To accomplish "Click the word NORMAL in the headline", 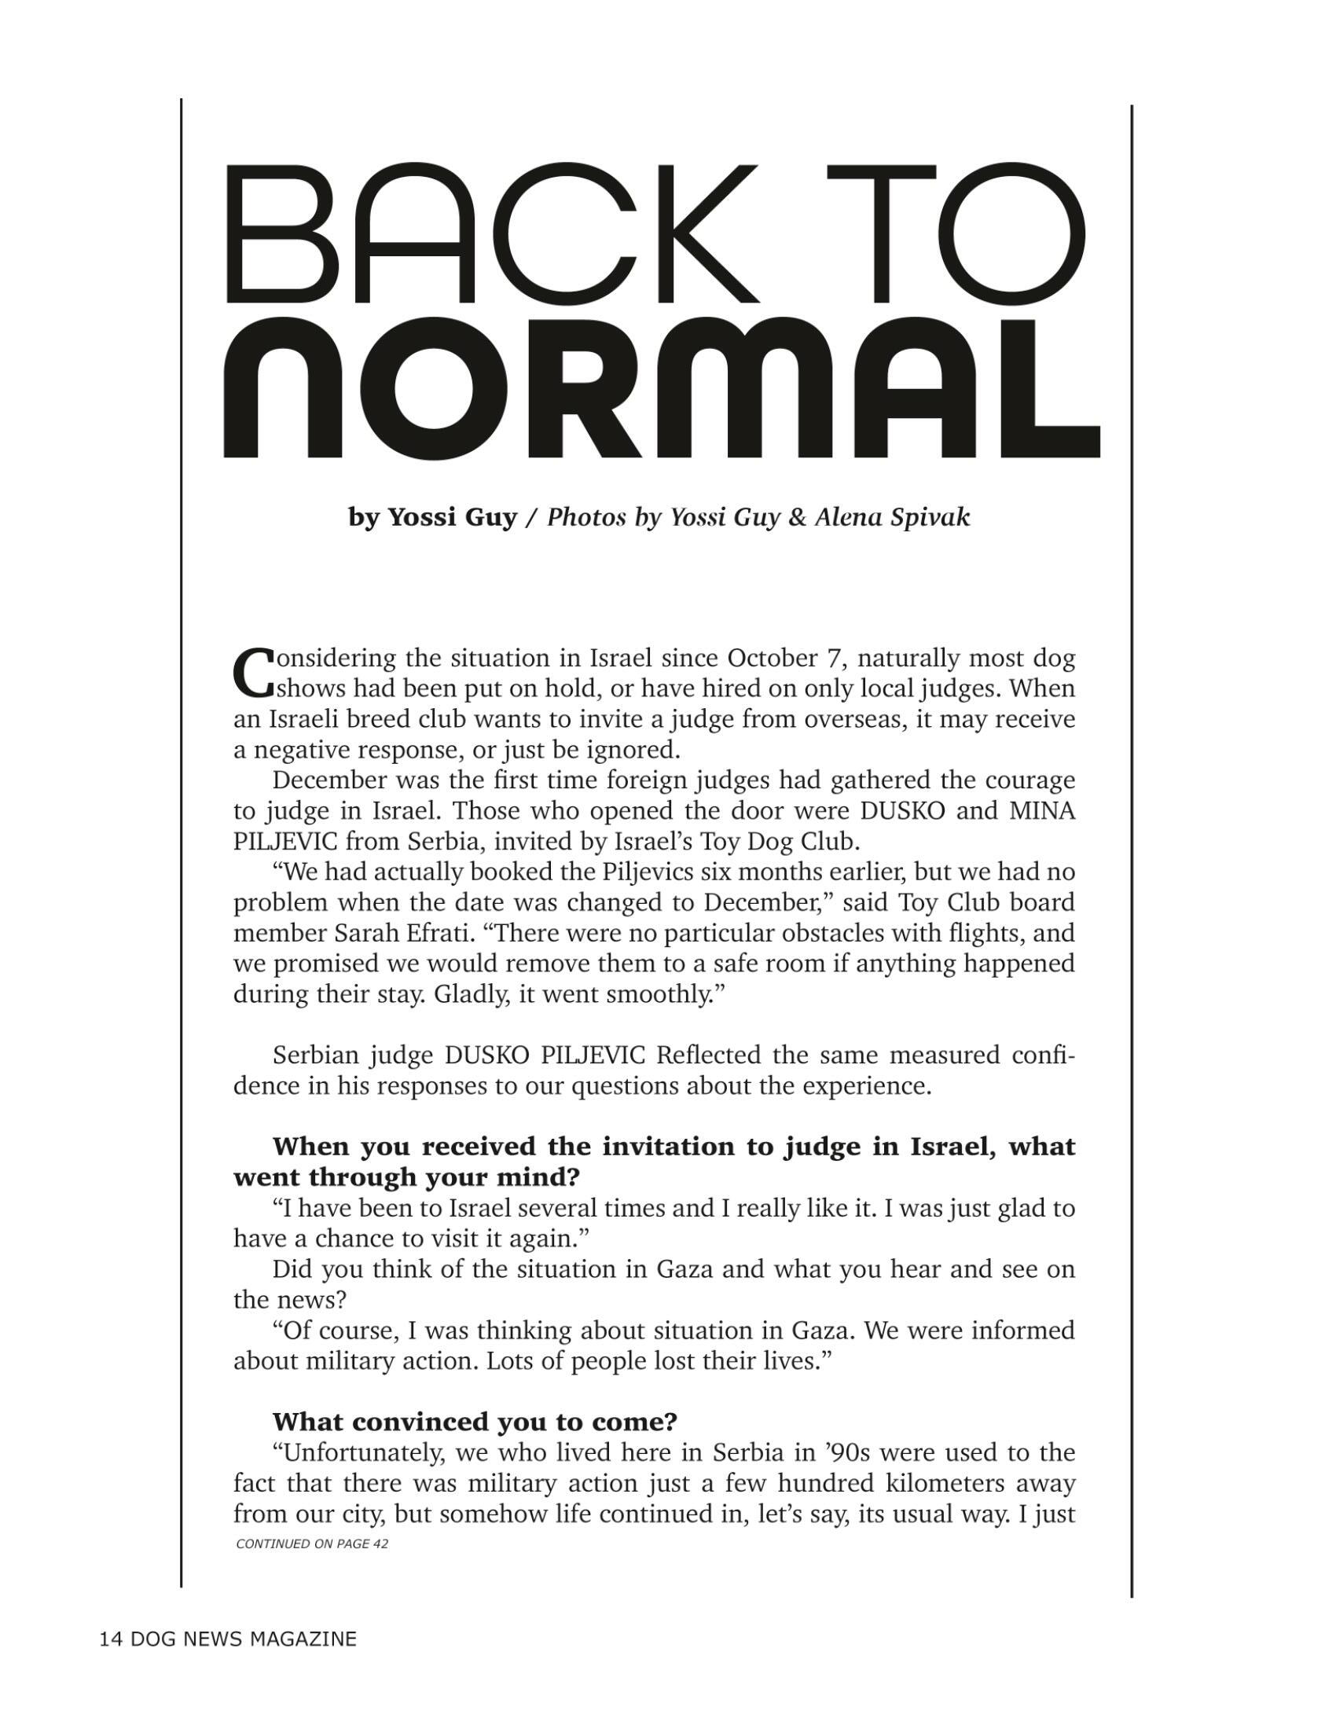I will coord(662,388).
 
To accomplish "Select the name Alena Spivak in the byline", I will coord(892,517).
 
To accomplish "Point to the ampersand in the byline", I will coord(797,517).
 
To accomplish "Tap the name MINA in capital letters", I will coord(1042,812).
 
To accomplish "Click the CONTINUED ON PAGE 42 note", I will coord(312,1544).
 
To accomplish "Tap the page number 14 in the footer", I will coord(110,1639).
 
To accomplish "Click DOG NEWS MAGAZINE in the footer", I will coord(243,1639).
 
